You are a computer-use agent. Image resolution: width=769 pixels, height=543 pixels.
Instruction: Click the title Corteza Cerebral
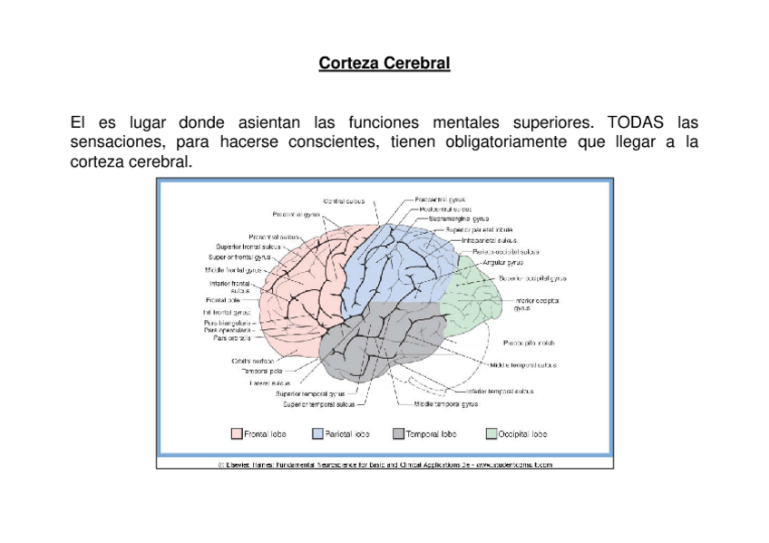pos(384,65)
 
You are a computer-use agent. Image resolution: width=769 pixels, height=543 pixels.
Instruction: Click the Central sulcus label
pos(345,200)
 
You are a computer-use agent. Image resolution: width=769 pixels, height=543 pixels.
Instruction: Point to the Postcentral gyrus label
pos(441,199)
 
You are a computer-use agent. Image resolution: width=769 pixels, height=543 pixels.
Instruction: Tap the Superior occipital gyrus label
pos(532,278)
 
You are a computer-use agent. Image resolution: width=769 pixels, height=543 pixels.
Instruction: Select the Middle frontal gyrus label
pos(233,269)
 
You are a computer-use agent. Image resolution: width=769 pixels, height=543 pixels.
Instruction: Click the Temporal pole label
pos(262,371)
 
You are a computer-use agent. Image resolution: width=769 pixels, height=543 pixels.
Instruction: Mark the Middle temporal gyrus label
pos(446,404)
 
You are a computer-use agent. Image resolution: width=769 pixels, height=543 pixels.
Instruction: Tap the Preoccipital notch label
pos(529,343)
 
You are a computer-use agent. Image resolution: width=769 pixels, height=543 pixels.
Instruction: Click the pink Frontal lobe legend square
pos(237,434)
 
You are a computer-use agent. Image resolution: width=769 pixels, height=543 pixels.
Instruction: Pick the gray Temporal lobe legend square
pos(399,434)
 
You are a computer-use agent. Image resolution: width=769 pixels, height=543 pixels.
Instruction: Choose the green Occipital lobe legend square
pos(492,434)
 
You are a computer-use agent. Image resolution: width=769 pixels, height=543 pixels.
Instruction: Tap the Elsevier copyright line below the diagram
pos(384,464)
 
